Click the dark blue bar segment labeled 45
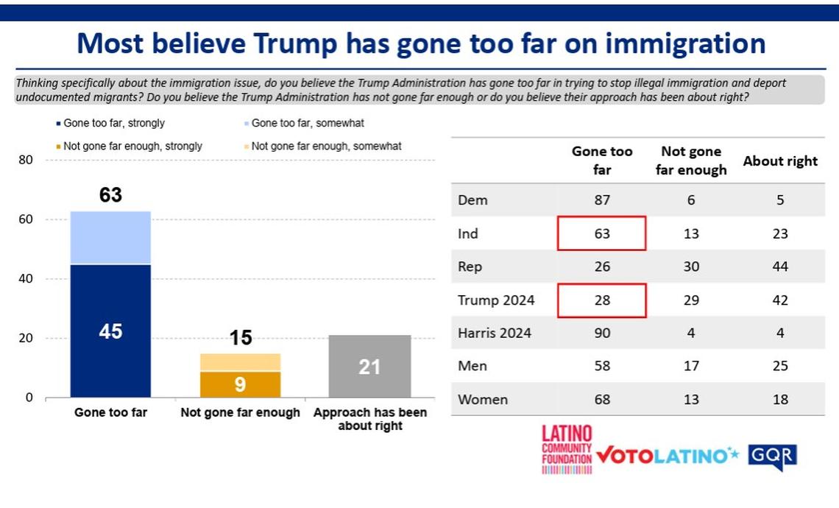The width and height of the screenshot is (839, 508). (110, 331)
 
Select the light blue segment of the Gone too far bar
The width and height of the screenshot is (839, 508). (110, 237)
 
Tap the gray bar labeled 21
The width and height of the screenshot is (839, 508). (369, 366)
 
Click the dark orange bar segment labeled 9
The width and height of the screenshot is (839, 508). (241, 384)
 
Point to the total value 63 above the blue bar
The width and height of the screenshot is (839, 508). (110, 195)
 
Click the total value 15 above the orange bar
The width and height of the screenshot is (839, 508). (241, 338)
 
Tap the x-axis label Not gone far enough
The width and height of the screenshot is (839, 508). (241, 413)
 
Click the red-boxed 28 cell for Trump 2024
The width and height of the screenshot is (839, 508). (601, 300)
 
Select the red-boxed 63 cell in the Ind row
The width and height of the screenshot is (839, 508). (601, 233)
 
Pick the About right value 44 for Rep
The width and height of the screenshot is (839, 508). (780, 267)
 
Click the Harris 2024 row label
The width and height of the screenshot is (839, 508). (494, 333)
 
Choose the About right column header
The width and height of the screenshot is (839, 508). (780, 161)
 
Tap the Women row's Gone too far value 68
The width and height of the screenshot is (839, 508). (601, 399)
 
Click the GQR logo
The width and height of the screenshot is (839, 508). (772, 456)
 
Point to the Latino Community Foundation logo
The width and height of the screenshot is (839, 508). (566, 449)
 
